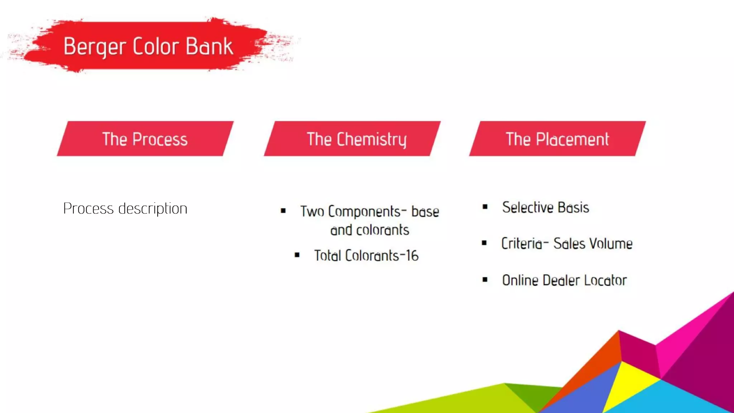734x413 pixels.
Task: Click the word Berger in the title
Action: pyautogui.click(x=95, y=47)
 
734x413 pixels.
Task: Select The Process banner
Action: pyautogui.click(x=145, y=139)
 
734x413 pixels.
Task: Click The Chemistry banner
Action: pyautogui.click(x=352, y=139)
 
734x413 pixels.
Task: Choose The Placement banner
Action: pyautogui.click(x=557, y=139)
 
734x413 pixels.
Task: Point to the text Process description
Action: pyautogui.click(x=125, y=208)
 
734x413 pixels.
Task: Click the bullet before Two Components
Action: pyautogui.click(x=283, y=211)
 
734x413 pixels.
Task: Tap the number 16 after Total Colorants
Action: pyautogui.click(x=412, y=256)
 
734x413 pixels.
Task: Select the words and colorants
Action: pyautogui.click(x=370, y=230)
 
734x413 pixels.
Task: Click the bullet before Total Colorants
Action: pyautogui.click(x=297, y=255)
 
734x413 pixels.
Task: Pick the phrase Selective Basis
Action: pyautogui.click(x=545, y=207)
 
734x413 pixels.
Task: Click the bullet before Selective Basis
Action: pyautogui.click(x=485, y=206)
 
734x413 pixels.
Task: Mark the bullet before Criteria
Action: pyautogui.click(x=484, y=243)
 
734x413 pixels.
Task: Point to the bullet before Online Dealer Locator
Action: pyautogui.click(x=485, y=280)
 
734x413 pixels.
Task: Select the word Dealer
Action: pyautogui.click(x=561, y=280)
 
